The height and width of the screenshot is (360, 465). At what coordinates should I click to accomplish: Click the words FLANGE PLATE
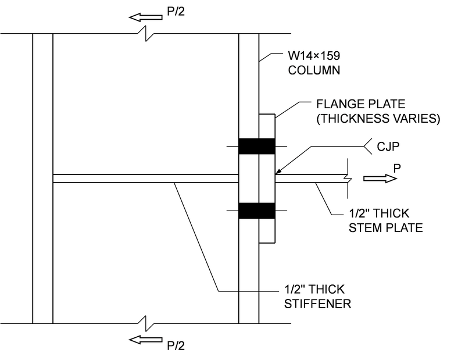(353, 106)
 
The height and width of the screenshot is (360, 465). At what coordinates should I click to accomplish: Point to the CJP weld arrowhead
(277, 173)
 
